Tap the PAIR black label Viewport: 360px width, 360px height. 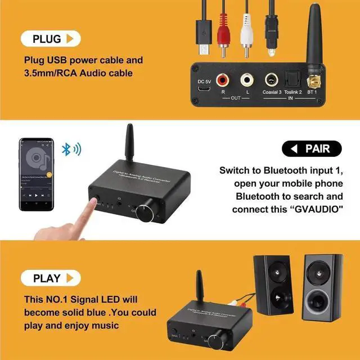click(x=313, y=149)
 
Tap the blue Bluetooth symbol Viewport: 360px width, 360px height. click(x=66, y=149)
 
